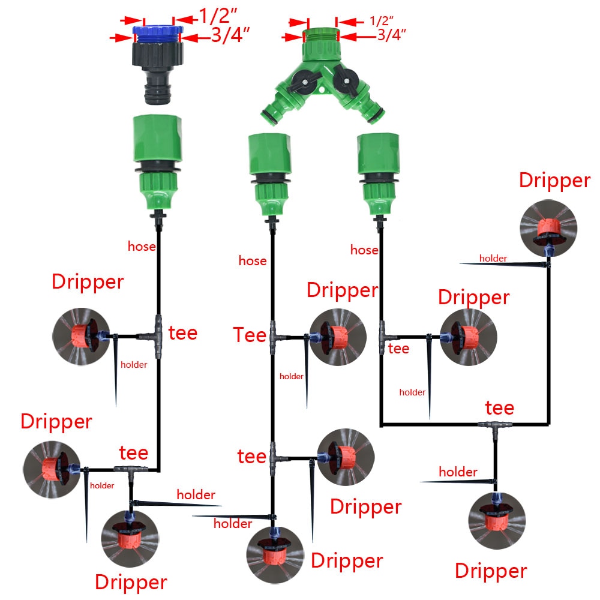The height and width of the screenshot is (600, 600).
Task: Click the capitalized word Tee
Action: tap(248, 335)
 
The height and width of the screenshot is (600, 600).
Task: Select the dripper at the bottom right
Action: tap(496, 521)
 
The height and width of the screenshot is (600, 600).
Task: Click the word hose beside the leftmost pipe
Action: tap(142, 246)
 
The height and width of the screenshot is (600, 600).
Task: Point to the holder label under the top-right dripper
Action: tap(493, 259)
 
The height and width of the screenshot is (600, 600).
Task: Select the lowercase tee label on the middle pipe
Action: tap(251, 456)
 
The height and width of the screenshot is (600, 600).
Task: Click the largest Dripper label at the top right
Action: tap(554, 181)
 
